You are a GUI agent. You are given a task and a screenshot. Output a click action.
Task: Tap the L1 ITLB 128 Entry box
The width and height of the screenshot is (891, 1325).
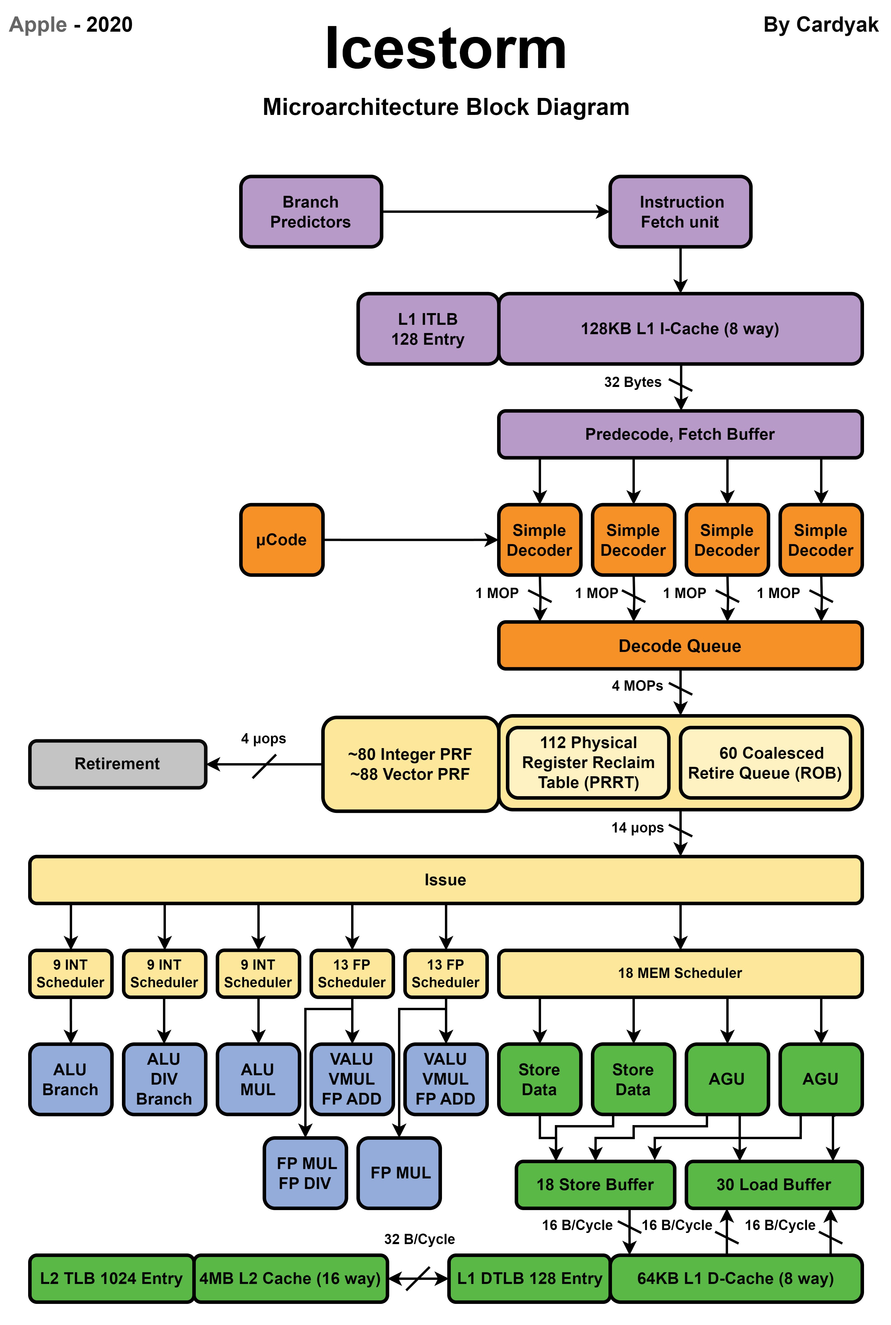(x=428, y=329)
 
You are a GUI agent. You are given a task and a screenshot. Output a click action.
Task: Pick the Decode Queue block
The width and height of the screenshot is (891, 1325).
(x=680, y=646)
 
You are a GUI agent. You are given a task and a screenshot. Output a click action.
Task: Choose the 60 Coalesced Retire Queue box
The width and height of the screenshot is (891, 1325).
(x=765, y=763)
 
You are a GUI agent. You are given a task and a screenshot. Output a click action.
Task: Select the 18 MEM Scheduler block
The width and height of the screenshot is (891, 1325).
(x=680, y=973)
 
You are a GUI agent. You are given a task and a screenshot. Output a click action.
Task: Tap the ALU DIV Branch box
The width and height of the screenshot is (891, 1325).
(x=164, y=1079)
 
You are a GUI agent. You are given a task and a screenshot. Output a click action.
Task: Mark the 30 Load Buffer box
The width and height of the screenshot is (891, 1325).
(x=774, y=1185)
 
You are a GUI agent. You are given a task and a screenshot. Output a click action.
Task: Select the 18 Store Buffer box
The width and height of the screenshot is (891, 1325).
(x=595, y=1185)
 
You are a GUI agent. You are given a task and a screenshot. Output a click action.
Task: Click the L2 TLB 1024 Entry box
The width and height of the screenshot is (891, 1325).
(x=111, y=1278)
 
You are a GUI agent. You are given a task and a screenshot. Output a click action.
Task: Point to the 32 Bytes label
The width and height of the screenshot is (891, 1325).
(x=632, y=382)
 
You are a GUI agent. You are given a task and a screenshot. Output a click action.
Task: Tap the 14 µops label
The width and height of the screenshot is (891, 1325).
(x=637, y=828)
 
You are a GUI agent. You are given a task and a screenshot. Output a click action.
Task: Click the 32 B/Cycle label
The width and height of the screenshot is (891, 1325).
(x=419, y=1239)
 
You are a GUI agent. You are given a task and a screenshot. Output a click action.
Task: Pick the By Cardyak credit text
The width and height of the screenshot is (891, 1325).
(x=821, y=25)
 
